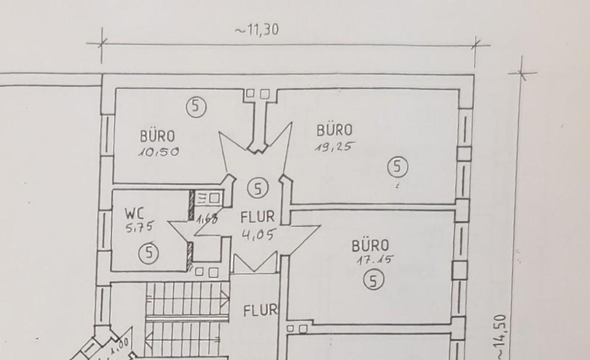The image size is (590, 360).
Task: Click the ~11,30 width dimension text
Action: [256, 29]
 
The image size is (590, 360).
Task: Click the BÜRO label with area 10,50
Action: [157, 136]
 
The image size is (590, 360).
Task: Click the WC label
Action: [135, 214]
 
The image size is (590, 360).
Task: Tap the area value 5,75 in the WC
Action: [139, 227]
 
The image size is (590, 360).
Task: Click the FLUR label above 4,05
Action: [258, 217]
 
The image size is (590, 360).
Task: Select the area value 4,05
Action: [258, 234]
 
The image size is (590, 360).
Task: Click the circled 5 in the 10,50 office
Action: [196, 107]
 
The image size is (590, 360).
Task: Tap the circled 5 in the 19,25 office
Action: [398, 166]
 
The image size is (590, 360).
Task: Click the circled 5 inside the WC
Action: [148, 253]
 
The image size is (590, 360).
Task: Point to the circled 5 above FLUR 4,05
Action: [258, 188]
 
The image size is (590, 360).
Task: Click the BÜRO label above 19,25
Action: [334, 130]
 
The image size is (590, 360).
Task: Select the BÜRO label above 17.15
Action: [370, 246]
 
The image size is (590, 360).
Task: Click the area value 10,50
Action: [159, 151]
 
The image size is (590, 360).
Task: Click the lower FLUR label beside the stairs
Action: [261, 311]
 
